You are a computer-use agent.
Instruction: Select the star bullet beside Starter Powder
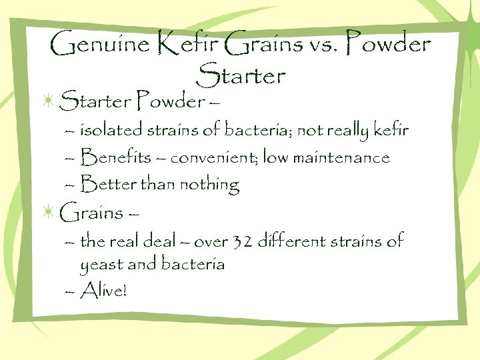(x=47, y=101)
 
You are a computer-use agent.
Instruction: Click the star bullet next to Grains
(x=47, y=212)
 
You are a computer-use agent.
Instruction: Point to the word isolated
(x=112, y=130)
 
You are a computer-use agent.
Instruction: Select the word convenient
(x=213, y=158)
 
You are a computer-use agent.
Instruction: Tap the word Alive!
(x=102, y=290)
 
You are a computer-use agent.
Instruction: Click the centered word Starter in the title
(x=241, y=75)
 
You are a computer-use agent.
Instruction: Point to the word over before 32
(x=211, y=241)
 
